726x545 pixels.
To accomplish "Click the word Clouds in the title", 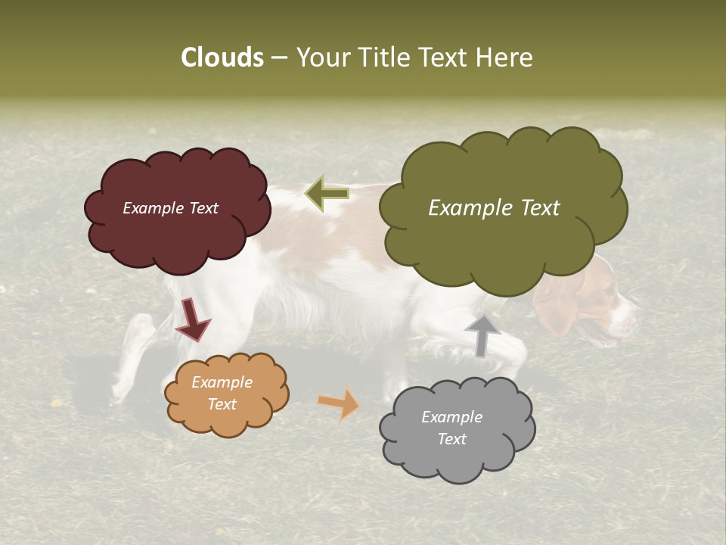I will click(x=222, y=58).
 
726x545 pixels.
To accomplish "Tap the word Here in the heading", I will click(x=505, y=58).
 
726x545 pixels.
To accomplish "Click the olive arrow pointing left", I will click(x=327, y=194).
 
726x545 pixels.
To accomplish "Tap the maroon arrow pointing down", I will click(x=192, y=319).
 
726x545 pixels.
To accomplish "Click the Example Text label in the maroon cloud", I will click(x=170, y=208).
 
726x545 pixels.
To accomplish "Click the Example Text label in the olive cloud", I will click(x=494, y=208).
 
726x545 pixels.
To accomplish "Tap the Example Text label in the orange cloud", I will click(x=222, y=393).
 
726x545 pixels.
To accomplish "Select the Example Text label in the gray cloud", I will click(x=451, y=428).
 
